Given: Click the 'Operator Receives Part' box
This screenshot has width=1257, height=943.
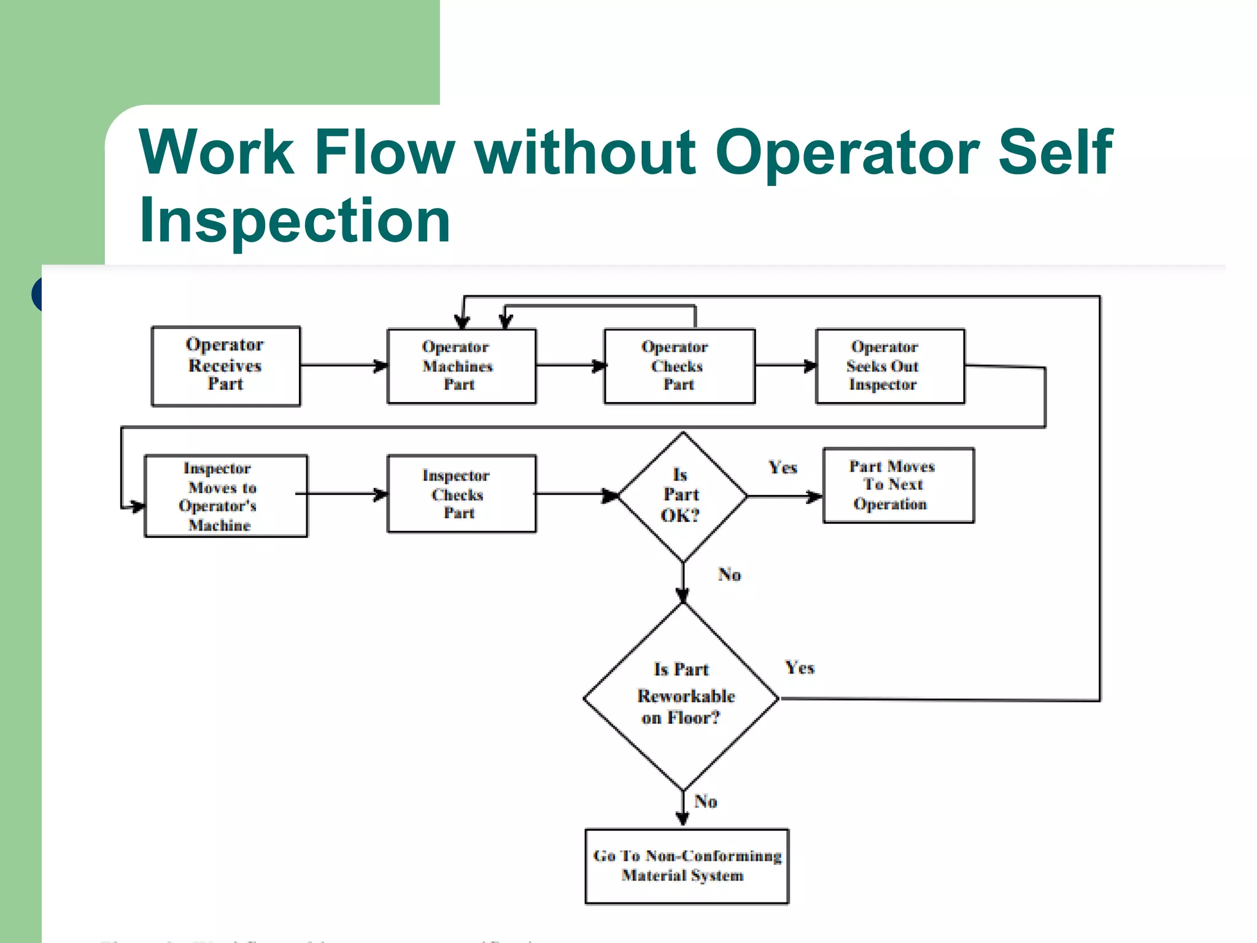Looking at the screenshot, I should (226, 366).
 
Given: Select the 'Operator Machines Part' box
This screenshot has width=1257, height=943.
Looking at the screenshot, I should (461, 367).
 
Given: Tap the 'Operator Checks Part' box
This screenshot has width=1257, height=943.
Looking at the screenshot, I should (679, 367).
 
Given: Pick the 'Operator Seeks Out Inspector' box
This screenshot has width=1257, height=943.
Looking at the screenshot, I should (889, 367).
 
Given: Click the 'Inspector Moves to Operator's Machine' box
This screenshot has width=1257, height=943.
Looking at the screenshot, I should (225, 496).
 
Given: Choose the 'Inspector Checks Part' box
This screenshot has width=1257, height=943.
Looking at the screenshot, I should (461, 494).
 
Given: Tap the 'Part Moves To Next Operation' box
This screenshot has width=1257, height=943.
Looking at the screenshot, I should (898, 485).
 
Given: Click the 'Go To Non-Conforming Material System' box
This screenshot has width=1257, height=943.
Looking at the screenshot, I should (687, 866).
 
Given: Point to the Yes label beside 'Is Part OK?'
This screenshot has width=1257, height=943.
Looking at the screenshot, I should (783, 468).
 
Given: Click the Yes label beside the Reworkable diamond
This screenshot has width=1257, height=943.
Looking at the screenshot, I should (800, 668).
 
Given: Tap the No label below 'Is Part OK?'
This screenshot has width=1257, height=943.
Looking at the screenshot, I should (730, 575).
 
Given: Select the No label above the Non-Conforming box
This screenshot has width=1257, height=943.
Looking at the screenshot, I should (706, 802).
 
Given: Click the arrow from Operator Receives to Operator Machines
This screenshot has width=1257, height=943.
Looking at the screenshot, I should (344, 366).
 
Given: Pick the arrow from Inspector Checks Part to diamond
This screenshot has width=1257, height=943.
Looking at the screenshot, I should (577, 494).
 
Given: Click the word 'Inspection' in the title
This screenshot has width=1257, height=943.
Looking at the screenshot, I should (295, 220).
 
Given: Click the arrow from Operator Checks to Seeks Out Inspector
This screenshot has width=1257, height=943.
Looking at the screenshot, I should (786, 366).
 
